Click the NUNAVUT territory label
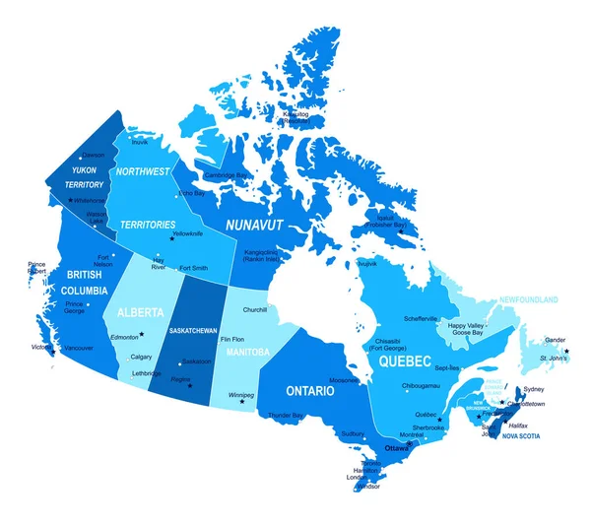(x=254, y=226)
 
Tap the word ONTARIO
(x=310, y=391)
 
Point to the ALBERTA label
(x=140, y=312)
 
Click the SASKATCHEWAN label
(x=193, y=330)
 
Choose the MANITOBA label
(x=247, y=352)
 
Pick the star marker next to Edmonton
(x=142, y=334)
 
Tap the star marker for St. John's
(x=567, y=352)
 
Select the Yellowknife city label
(x=188, y=233)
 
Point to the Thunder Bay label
(x=284, y=416)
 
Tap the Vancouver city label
(x=78, y=348)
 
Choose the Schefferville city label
(x=421, y=318)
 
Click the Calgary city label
(x=141, y=357)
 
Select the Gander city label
(x=556, y=341)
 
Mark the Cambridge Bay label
(x=226, y=175)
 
